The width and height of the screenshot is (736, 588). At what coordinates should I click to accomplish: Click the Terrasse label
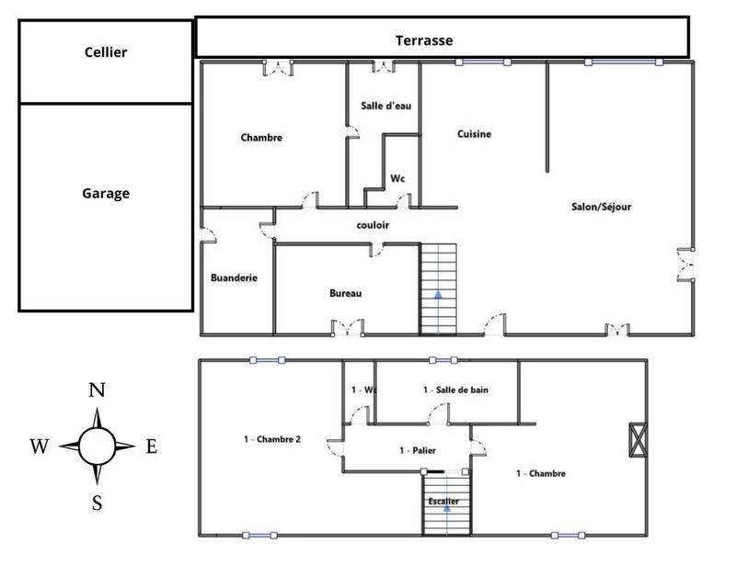click(424, 40)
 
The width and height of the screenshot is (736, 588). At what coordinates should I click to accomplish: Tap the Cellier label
click(106, 52)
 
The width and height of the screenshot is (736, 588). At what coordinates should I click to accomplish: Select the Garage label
click(106, 193)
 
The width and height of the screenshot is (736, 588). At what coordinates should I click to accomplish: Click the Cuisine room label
click(475, 134)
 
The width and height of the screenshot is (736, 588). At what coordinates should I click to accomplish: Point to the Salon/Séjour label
click(602, 207)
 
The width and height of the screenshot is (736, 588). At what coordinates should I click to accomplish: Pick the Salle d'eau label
click(385, 106)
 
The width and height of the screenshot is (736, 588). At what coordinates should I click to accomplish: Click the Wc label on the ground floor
click(397, 178)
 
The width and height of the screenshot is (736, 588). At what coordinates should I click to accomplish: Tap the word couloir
click(374, 225)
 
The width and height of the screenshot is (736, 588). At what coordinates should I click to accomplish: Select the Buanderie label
click(234, 277)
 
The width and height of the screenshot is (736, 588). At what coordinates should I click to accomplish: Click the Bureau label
click(346, 293)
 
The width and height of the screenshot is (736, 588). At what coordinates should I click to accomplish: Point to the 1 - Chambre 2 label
click(272, 439)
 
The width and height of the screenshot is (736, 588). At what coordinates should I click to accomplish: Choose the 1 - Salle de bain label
click(455, 390)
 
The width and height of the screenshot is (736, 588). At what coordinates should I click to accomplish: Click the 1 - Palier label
click(418, 450)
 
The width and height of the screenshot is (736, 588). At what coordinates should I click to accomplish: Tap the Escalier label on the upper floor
click(443, 501)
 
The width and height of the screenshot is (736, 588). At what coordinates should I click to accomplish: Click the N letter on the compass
click(96, 390)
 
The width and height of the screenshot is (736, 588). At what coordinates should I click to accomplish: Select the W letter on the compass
click(39, 447)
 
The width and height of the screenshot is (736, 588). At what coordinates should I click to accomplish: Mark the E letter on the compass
click(152, 447)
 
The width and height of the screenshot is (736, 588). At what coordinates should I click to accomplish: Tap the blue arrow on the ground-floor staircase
click(438, 296)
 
